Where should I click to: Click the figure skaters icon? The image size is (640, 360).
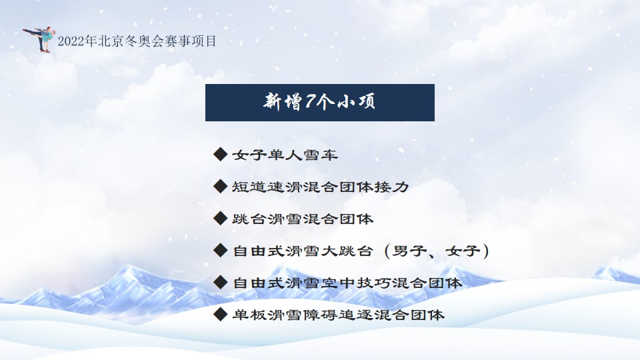pos(39,39)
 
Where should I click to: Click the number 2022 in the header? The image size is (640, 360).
pos(71,41)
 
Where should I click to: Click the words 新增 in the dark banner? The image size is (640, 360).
pos(283,101)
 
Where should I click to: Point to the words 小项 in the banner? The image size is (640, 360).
pos(356,101)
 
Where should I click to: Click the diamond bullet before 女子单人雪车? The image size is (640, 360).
pos(221,154)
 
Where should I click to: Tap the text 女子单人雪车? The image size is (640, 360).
pos(285,155)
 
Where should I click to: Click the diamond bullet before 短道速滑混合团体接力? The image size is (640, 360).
pos(221,186)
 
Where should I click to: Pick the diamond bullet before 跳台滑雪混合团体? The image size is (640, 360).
pos(221,219)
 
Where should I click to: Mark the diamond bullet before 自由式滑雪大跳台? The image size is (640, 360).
pos(221,250)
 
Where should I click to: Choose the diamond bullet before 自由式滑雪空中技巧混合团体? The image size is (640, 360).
pos(221,282)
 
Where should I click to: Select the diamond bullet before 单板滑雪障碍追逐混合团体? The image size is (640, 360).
pos(221,314)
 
